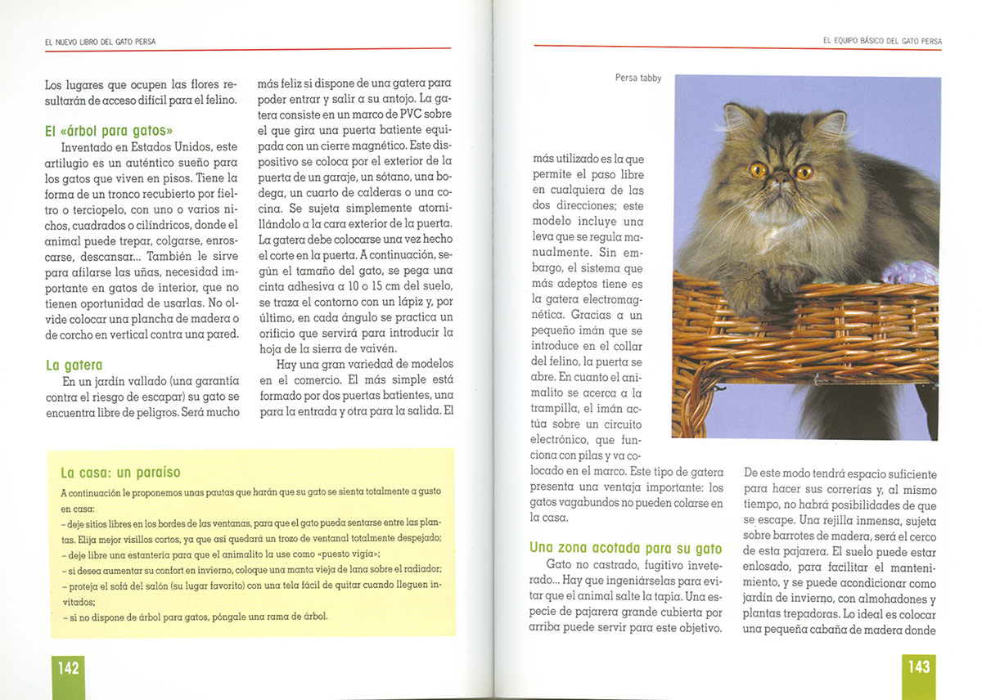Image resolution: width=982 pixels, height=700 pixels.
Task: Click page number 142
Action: pyautogui.click(x=68, y=668)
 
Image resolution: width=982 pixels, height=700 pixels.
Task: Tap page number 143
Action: pyautogui.click(x=919, y=667)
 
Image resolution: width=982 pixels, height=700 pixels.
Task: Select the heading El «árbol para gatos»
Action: pyautogui.click(x=109, y=131)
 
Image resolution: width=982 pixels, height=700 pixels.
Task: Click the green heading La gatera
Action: pyautogui.click(x=74, y=366)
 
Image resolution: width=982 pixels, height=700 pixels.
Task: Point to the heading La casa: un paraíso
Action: pyautogui.click(x=120, y=473)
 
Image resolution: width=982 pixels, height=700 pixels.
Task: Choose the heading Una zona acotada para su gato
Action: pyautogui.click(x=625, y=548)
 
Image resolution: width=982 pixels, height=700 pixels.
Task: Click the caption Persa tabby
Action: pyautogui.click(x=638, y=79)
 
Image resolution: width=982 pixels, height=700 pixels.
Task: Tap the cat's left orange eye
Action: pyautogui.click(x=758, y=170)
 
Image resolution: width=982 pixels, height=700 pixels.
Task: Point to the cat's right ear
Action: pyautogui.click(x=830, y=123)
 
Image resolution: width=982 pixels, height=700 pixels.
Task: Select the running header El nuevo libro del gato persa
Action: pyautogui.click(x=100, y=41)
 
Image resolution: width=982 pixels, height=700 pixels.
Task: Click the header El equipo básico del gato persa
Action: pyautogui.click(x=882, y=41)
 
